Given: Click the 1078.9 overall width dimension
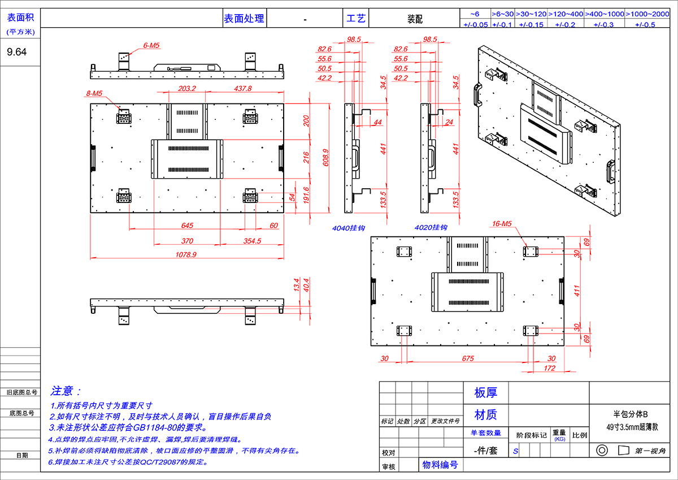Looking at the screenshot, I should pos(186,255).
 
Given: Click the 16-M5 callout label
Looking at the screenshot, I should pos(501,224).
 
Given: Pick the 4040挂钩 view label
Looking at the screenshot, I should pos(349,228).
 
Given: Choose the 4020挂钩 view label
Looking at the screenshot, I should pos(431,228).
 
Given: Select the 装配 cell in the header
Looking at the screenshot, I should pos(415,19).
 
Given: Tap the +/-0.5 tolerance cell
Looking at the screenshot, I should pos(645,24).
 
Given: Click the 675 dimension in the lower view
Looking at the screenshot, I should pos(468,358).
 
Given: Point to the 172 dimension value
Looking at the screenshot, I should pos(549,369).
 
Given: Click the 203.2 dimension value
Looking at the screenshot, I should pos(187,89).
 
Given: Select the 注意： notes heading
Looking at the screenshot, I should pos(66,391).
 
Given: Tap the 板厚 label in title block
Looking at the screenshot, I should pos(485,393).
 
